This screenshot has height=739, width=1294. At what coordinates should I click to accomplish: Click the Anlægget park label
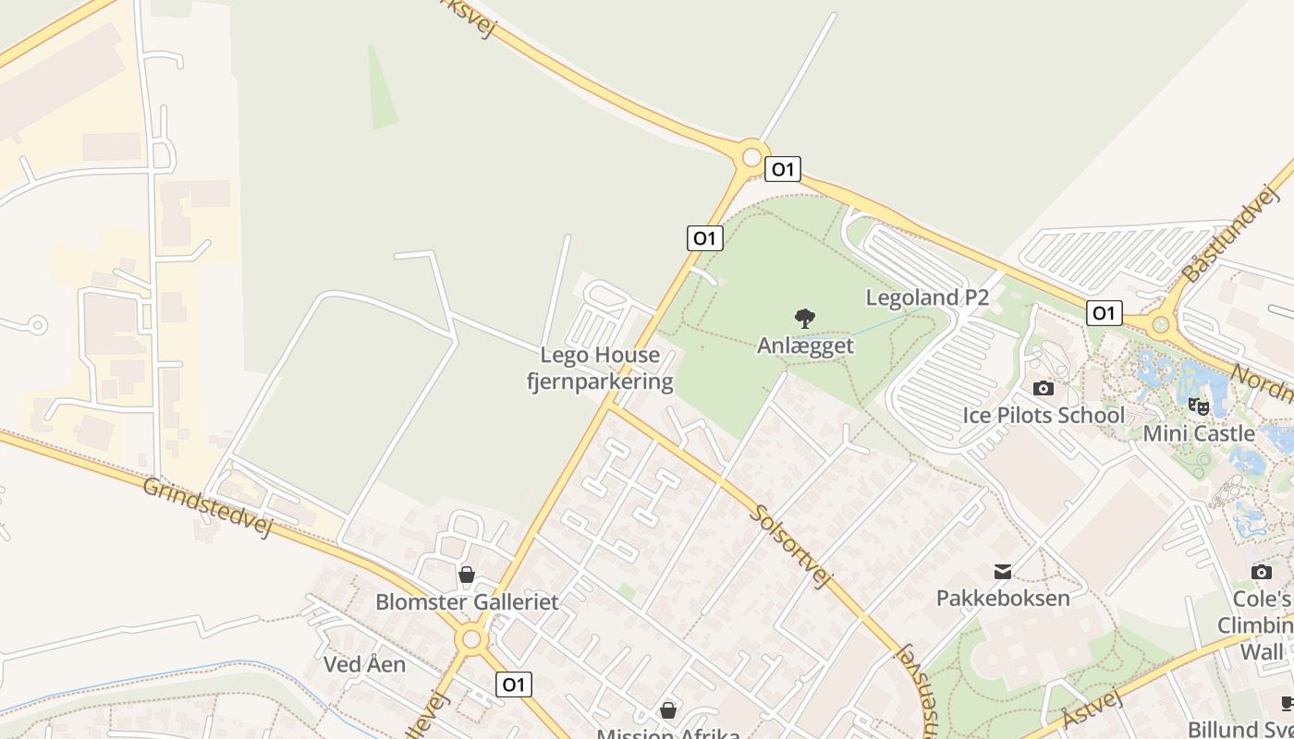(x=805, y=345)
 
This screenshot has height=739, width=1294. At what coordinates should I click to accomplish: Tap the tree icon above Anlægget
(x=805, y=319)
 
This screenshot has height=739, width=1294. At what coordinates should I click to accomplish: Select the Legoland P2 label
(x=927, y=297)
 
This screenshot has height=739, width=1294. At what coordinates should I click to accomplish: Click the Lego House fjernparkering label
(x=600, y=369)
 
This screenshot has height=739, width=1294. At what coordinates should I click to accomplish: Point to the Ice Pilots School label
(x=1044, y=415)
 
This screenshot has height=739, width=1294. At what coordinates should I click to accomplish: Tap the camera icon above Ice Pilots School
(x=1044, y=388)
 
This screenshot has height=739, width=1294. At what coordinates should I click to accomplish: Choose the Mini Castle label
(x=1199, y=433)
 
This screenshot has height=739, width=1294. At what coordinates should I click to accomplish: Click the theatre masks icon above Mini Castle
(x=1199, y=406)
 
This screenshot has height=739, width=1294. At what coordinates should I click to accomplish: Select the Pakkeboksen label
(x=1003, y=598)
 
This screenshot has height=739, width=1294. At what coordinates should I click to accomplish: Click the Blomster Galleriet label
(x=467, y=602)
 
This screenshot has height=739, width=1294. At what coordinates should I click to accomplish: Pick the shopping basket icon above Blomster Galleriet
(x=467, y=575)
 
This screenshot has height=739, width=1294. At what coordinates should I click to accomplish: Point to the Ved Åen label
(x=364, y=664)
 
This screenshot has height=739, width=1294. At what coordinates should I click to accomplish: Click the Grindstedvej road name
(x=208, y=506)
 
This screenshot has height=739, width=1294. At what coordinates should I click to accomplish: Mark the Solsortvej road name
(x=790, y=546)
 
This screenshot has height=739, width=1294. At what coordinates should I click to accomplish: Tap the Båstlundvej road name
(x=1230, y=234)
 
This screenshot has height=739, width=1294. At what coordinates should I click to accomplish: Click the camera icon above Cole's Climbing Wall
(x=1262, y=573)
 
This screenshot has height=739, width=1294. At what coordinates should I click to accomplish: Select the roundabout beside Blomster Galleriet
(x=472, y=638)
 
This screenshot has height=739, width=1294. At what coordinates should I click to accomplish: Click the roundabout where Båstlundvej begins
(x=1161, y=324)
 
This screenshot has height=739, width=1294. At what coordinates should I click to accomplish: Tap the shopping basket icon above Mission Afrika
(x=668, y=710)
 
